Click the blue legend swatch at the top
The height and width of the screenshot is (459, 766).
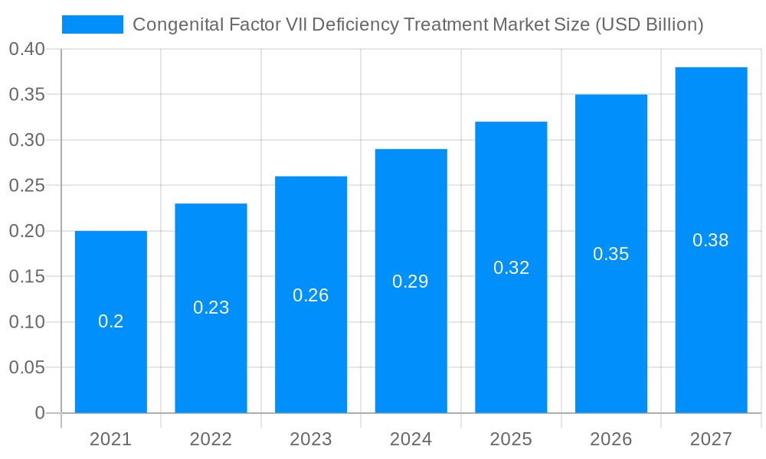coord(92,24)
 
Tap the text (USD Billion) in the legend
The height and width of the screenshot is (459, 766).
coord(647,24)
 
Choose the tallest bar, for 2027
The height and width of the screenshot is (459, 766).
coord(711,321)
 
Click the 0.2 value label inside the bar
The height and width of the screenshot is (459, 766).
coord(111,321)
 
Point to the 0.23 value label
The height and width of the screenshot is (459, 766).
coord(211,308)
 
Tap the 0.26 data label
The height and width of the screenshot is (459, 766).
coord(311,295)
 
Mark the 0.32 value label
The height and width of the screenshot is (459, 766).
coord(511,268)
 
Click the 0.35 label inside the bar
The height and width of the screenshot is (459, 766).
coord(611,254)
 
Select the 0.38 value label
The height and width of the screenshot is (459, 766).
coord(711,240)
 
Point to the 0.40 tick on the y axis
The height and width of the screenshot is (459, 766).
coord(27,50)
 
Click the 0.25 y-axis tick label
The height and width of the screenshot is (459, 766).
coord(27,186)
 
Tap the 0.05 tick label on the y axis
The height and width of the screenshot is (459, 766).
coord(27,368)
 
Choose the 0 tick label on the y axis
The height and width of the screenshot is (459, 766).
coord(40,413)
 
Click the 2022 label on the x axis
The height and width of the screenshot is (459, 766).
coord(211,439)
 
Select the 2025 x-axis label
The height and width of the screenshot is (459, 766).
coord(511,439)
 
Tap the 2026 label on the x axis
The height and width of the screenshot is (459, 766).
coord(611,439)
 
